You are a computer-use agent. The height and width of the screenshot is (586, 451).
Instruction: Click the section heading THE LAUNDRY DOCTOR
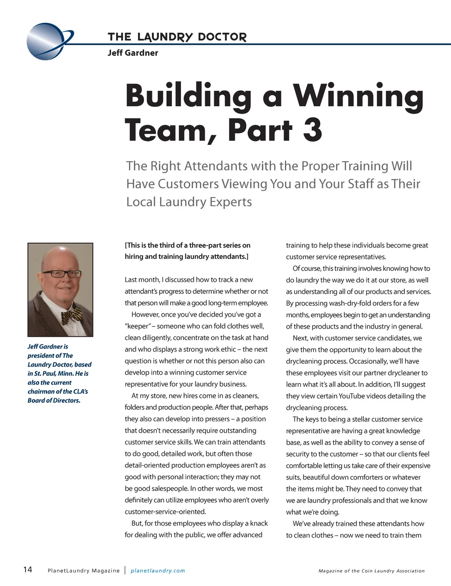click(177, 37)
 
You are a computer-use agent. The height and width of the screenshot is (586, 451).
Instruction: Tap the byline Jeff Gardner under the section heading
click(133, 53)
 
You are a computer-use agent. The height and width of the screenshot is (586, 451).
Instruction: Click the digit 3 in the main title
click(312, 130)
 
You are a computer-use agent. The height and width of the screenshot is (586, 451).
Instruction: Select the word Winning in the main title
click(359, 96)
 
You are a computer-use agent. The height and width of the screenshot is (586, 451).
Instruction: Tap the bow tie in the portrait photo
click(71, 315)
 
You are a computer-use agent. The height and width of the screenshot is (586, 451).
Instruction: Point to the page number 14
click(27, 570)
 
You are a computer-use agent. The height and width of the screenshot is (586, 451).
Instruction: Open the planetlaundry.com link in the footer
click(158, 571)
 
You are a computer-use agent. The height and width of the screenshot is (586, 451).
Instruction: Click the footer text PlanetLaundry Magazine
click(83, 571)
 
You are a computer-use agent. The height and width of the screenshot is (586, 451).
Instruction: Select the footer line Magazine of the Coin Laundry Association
click(371, 571)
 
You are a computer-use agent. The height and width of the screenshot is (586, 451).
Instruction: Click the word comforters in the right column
click(370, 477)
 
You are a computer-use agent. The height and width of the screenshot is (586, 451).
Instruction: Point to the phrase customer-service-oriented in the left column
click(165, 512)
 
